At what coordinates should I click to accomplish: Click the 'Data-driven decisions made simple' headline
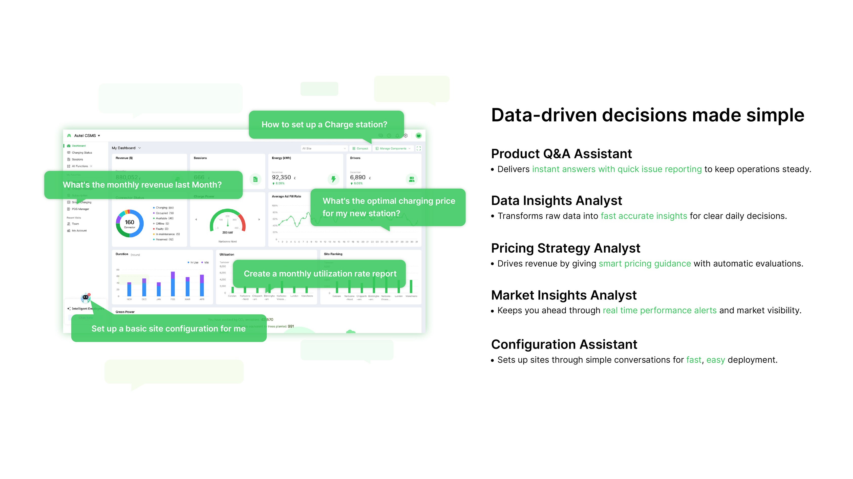click(x=647, y=115)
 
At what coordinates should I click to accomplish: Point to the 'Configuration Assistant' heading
click(x=564, y=344)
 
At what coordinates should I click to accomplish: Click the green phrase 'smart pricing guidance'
click(x=644, y=264)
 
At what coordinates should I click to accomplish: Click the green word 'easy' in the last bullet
click(x=715, y=360)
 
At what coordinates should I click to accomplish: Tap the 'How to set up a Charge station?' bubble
click(x=324, y=124)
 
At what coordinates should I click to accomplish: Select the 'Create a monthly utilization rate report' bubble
click(x=320, y=274)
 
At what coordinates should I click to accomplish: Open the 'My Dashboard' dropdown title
click(x=124, y=148)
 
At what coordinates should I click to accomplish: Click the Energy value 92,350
click(x=281, y=178)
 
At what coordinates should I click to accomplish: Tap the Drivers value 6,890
click(x=358, y=178)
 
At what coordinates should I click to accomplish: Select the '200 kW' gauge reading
click(x=227, y=232)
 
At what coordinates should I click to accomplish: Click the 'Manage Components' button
click(x=393, y=149)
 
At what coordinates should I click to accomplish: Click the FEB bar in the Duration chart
click(x=173, y=284)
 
